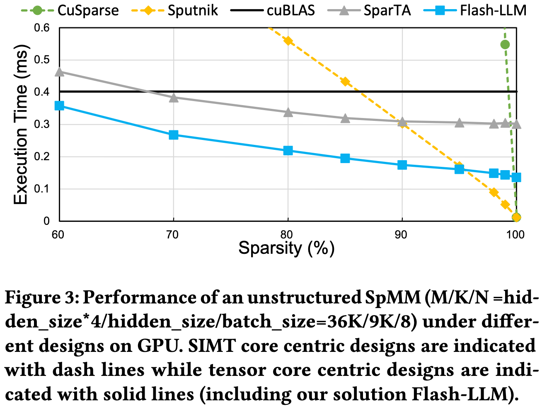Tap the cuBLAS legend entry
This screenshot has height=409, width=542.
tap(290, 10)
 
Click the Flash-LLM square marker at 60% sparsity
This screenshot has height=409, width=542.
tap(59, 106)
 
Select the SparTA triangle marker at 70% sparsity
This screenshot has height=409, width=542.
tap(174, 98)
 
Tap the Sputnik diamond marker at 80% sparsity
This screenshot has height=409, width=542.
tap(288, 41)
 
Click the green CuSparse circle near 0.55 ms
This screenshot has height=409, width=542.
tap(505, 45)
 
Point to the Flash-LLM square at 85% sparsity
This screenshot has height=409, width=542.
tap(345, 158)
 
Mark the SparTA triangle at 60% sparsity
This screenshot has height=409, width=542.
tap(59, 72)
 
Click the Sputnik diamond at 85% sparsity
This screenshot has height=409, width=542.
tap(345, 82)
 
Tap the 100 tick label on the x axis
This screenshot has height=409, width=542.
tap(515, 235)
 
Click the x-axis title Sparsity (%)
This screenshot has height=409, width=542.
tap(286, 248)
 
